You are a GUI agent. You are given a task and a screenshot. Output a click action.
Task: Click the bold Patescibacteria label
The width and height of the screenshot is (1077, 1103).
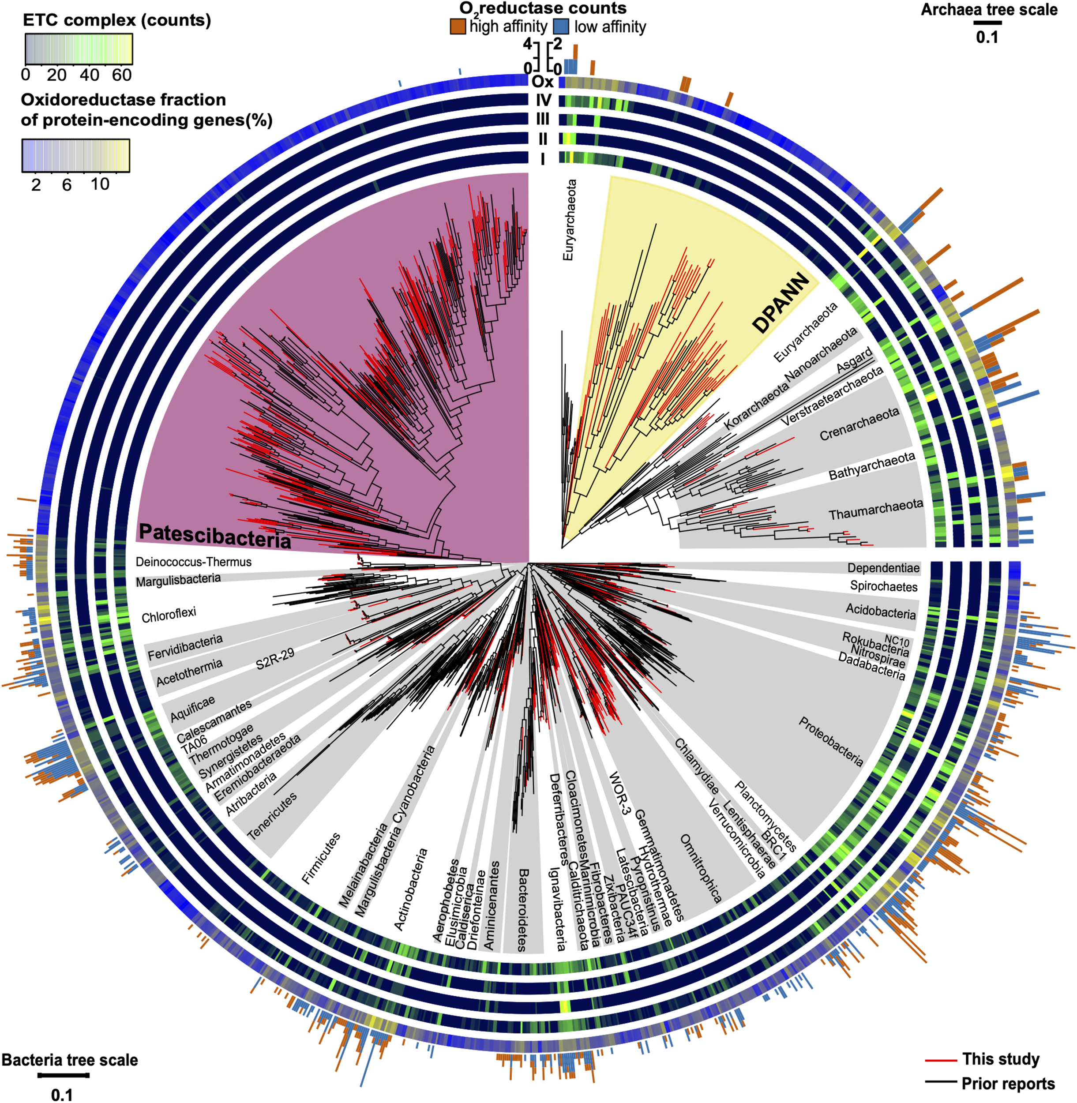click(x=215, y=535)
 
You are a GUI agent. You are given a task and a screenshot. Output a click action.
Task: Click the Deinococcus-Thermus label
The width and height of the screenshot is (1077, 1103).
click(x=193, y=562)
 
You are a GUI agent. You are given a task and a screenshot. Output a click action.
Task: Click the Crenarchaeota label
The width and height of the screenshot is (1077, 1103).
click(x=859, y=424)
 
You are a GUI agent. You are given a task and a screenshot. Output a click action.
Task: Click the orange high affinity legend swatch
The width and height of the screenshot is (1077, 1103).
click(x=458, y=26)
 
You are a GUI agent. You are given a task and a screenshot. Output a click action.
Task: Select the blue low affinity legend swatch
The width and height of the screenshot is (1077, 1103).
click(x=560, y=26)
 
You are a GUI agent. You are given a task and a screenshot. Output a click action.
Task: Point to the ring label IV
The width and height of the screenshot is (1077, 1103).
click(x=543, y=101)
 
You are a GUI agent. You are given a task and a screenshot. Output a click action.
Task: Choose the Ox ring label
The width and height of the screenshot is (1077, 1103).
click(x=542, y=82)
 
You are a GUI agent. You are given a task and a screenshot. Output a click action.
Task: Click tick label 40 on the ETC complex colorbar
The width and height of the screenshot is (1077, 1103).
click(x=90, y=75)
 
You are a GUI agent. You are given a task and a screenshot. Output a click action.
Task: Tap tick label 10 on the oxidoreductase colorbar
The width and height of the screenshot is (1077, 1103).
click(x=100, y=184)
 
